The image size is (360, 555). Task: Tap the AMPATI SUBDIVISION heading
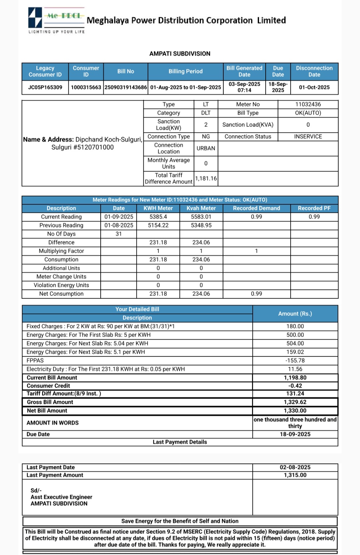click(x=180, y=53)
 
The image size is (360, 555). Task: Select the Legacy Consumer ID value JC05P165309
click(x=45, y=87)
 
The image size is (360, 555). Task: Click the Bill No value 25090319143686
click(x=126, y=87)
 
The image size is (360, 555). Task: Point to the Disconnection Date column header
click(x=314, y=71)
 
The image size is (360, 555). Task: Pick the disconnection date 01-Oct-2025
click(x=314, y=87)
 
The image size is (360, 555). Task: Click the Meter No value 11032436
click(x=308, y=104)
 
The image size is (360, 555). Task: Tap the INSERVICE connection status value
click(x=308, y=136)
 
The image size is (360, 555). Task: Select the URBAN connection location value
click(x=206, y=148)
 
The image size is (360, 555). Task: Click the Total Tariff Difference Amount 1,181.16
click(x=206, y=178)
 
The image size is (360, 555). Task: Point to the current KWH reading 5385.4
click(x=158, y=217)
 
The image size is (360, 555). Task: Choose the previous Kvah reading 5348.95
click(x=201, y=225)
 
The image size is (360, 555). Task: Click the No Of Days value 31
click(x=119, y=234)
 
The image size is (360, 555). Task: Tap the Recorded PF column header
click(x=314, y=208)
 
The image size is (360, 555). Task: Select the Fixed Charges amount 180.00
click(x=295, y=326)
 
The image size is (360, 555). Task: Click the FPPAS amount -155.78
click(x=295, y=361)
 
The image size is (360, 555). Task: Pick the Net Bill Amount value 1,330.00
click(x=295, y=411)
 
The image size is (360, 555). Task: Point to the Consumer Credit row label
click(x=48, y=386)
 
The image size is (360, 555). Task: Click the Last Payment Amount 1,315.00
click(x=295, y=475)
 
